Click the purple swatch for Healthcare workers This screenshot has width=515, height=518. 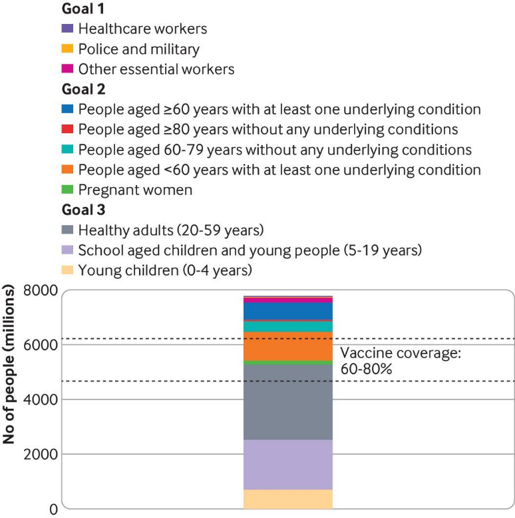66,29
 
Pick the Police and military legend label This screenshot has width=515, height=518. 138,49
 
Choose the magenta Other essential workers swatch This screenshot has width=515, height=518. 66,69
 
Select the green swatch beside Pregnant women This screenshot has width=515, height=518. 66,190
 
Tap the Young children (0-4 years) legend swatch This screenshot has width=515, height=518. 66,270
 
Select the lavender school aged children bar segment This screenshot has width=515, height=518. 288,465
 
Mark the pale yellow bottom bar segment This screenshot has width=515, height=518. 288,499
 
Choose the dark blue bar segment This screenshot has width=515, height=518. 288,311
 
